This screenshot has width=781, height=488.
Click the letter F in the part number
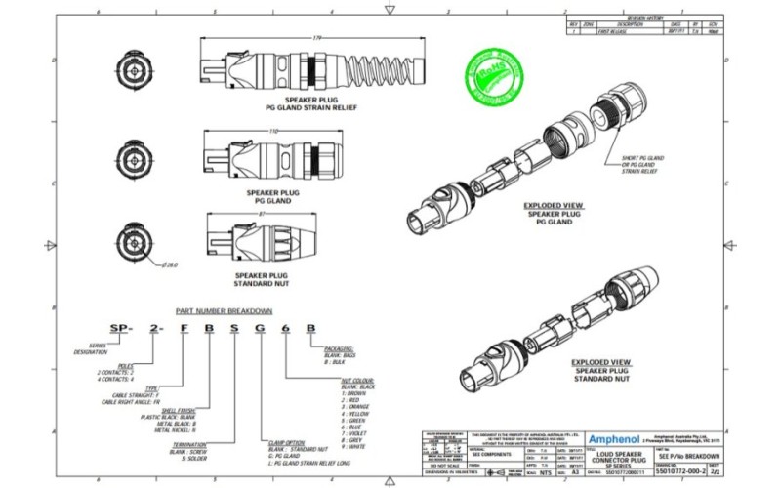coord(181,328)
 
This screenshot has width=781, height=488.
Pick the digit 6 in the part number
coord(284,328)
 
